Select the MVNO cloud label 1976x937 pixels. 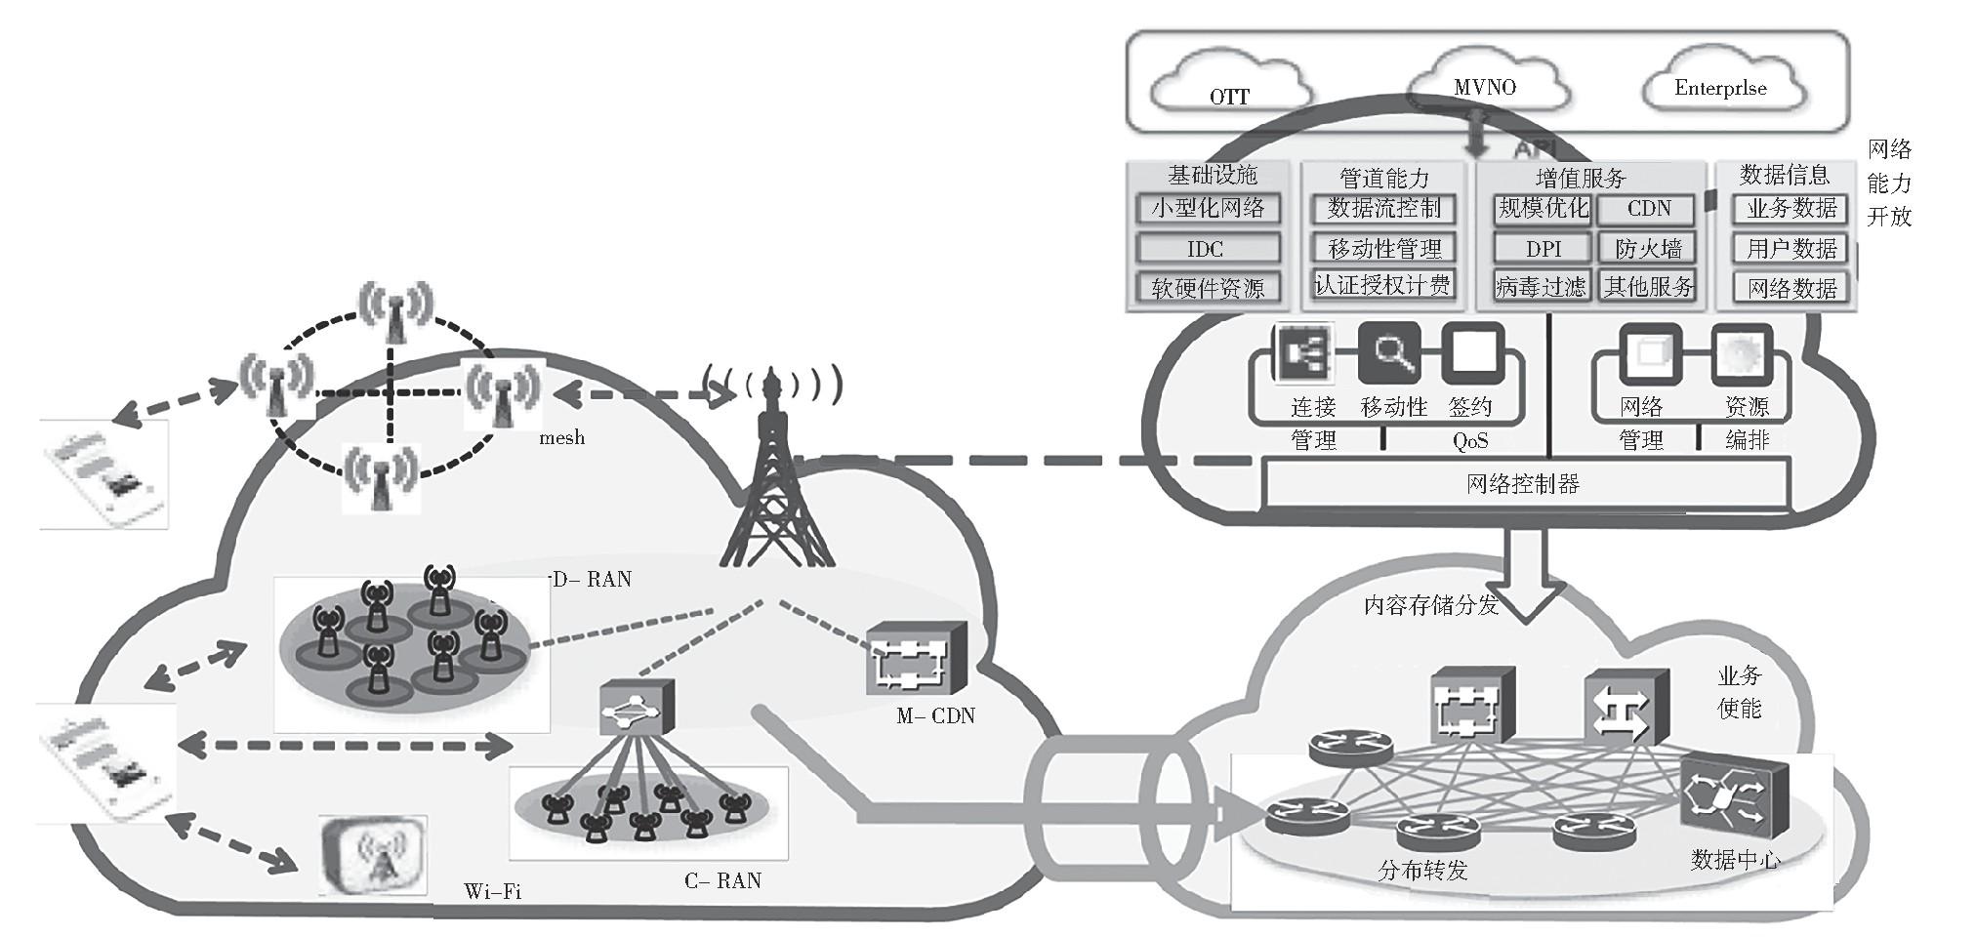tap(1484, 87)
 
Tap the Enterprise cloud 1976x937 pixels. tap(1720, 87)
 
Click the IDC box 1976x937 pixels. tap(1207, 249)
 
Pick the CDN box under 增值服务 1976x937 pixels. tap(1648, 208)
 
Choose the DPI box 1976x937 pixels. tap(1543, 249)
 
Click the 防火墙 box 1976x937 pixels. tap(1648, 249)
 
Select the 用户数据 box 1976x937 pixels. tap(1791, 249)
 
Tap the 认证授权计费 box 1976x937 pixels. tap(1383, 285)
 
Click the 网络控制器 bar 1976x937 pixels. tap(1523, 484)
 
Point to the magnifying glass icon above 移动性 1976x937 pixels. tap(1390, 353)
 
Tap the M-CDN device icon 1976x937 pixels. tap(915, 660)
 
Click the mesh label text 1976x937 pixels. tap(562, 438)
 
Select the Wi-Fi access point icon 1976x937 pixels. tap(374, 855)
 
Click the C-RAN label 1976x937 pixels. tap(722, 881)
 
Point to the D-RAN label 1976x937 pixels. tap(592, 580)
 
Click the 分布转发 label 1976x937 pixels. tap(1422, 870)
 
